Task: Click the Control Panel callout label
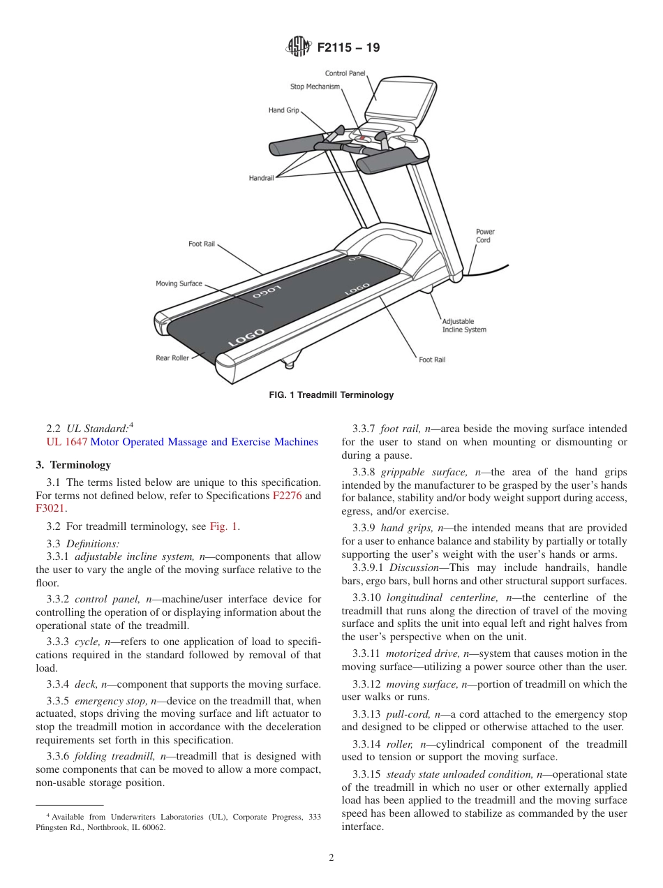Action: (x=345, y=73)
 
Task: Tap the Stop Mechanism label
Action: (x=315, y=87)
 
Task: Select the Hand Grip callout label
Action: (x=283, y=110)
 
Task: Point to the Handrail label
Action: (x=261, y=178)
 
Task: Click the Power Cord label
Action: (x=485, y=236)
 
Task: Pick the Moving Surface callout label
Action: (x=179, y=283)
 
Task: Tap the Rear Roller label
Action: (x=172, y=358)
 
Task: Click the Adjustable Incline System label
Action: (x=464, y=326)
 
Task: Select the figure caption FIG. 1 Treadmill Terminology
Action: (x=331, y=395)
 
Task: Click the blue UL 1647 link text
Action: (x=67, y=442)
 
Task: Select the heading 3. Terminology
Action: (x=73, y=465)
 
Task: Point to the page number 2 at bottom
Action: (x=331, y=858)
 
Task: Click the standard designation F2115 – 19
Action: (x=348, y=48)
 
